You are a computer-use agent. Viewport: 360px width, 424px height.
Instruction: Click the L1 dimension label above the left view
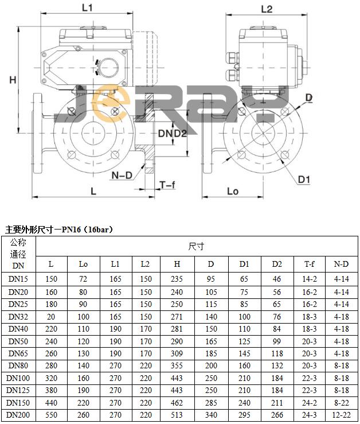pos(87,8)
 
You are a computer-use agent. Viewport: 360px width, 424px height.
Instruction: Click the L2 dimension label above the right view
pos(266,9)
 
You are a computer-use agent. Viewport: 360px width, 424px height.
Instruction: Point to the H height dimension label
pos(13,80)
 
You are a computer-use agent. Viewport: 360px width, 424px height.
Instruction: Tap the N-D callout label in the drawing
pos(122,175)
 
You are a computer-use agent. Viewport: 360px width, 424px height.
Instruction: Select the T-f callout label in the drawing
pos(167,185)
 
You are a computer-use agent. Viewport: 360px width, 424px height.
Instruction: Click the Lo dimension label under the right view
pos(232,191)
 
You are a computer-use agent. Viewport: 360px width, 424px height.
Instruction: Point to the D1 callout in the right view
pos(304,179)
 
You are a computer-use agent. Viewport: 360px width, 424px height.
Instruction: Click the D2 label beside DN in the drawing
pos(180,133)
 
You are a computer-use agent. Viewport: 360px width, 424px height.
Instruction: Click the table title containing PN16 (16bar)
pos(59,229)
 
